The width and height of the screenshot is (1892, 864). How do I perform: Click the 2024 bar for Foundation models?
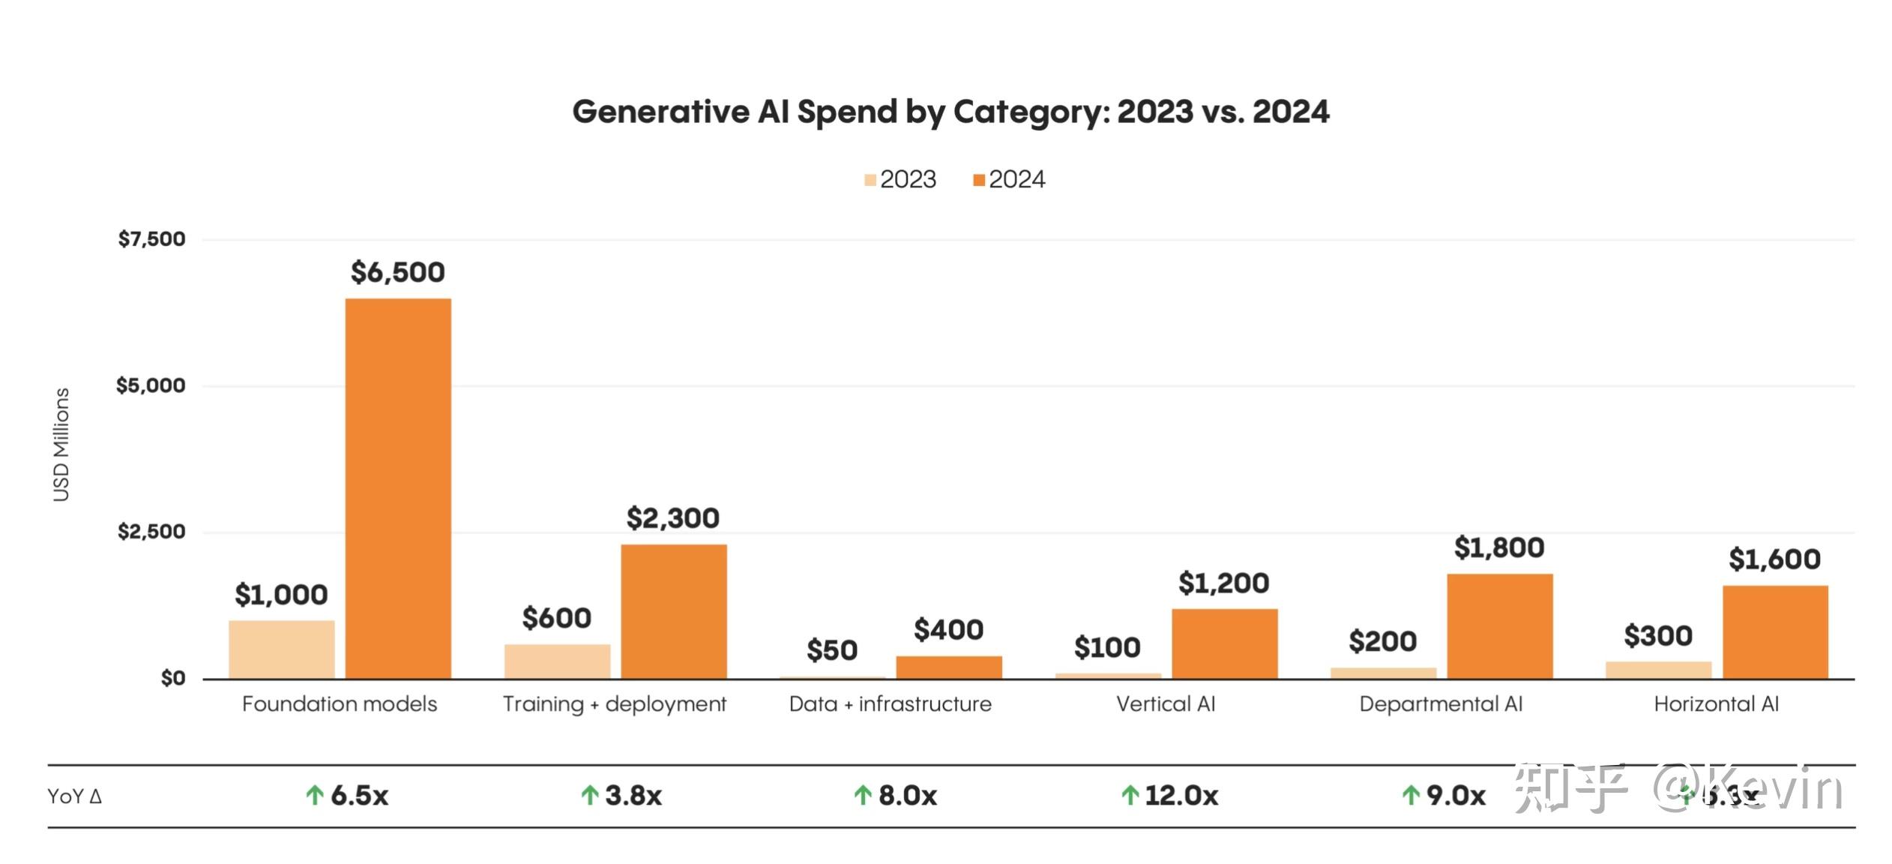(398, 488)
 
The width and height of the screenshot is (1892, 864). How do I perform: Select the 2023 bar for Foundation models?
(282, 649)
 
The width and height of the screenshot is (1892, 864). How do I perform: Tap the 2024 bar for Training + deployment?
(673, 611)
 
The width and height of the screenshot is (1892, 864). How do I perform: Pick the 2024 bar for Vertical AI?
(1224, 643)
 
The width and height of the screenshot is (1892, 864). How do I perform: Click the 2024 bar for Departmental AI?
(1499, 626)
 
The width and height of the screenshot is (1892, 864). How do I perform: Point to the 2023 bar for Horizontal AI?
(1658, 670)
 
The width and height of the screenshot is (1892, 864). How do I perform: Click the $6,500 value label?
(398, 272)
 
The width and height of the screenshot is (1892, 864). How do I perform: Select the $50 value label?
(832, 650)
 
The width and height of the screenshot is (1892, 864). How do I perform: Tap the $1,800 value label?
(1499, 548)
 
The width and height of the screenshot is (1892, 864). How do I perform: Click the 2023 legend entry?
(900, 179)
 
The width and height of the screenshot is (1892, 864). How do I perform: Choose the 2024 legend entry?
(1009, 179)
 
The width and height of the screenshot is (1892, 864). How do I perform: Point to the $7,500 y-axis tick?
(151, 239)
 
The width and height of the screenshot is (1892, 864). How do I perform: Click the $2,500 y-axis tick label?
(151, 532)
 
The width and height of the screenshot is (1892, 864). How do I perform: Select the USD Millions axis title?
(61, 445)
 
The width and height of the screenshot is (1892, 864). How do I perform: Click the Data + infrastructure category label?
(890, 704)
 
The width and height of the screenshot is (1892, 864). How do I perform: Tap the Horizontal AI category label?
(1716, 704)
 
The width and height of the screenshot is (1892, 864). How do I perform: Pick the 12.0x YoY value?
(1181, 796)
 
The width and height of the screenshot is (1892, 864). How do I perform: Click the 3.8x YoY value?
(633, 796)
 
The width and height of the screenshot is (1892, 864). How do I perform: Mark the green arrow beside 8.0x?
(863, 795)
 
